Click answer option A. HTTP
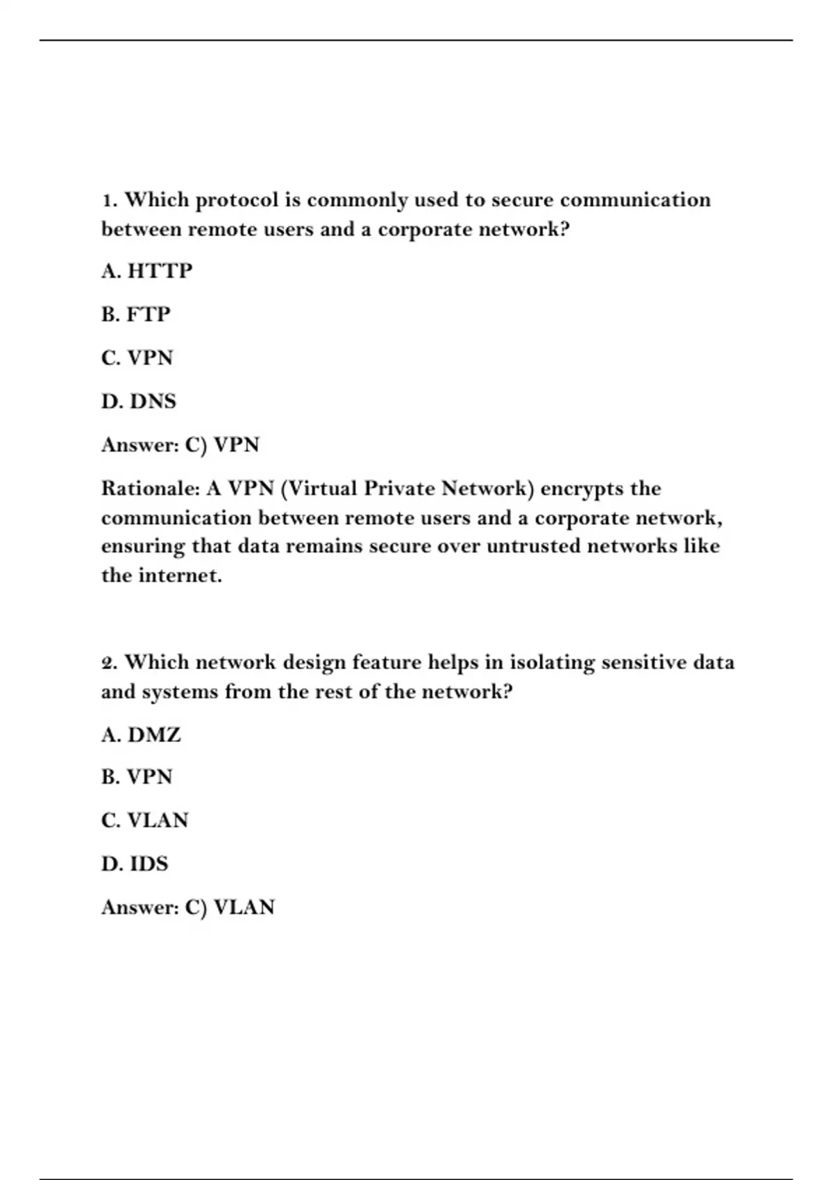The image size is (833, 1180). pos(146,271)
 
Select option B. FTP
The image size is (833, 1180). pos(135,314)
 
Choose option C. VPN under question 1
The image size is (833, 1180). pos(137,358)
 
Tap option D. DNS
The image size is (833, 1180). pos(139,401)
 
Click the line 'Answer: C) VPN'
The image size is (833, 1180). pos(180,445)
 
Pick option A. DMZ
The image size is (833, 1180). pos(141,734)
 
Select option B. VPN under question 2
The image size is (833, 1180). pos(137,777)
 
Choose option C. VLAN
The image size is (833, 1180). pos(144,820)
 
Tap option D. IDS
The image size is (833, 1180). pos(135,864)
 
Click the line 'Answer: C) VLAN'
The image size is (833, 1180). pos(188,907)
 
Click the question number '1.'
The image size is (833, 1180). pos(110,201)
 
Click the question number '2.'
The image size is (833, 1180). pos(110,663)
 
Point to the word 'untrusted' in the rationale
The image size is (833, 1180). pos(533,546)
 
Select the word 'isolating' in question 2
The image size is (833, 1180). pos(553,663)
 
